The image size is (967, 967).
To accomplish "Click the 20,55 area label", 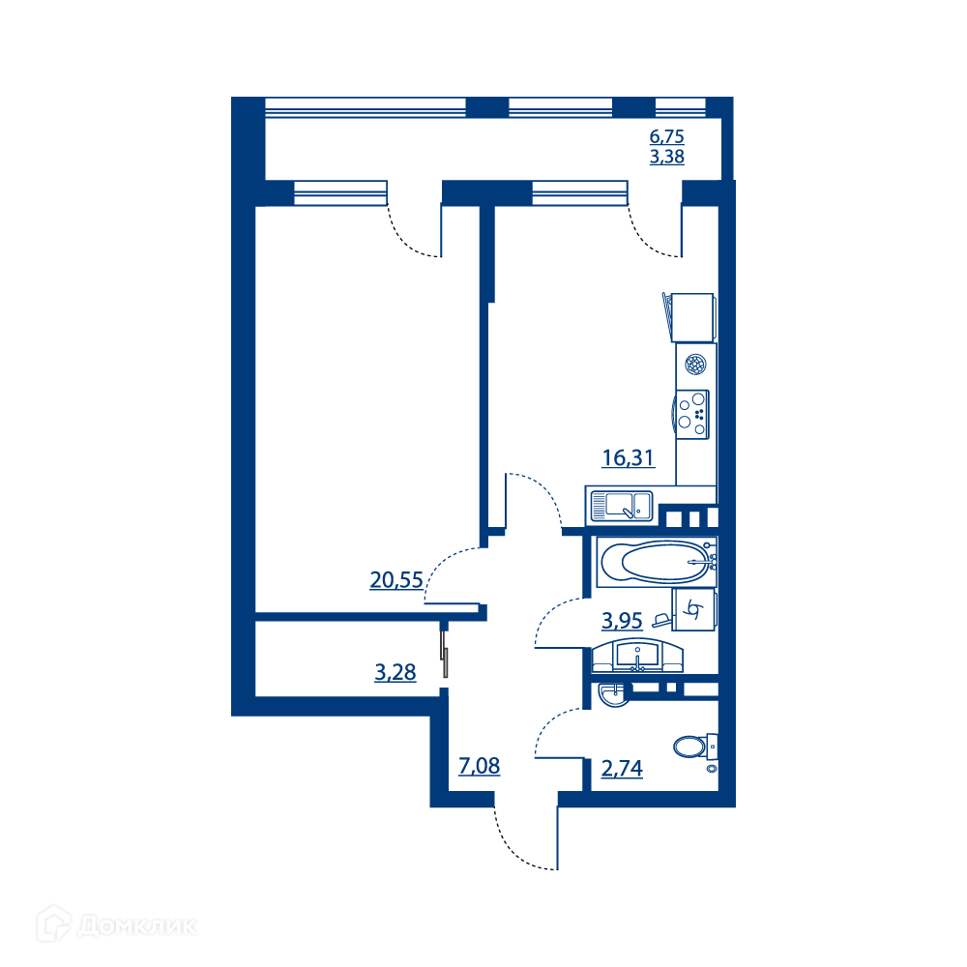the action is coord(396,579).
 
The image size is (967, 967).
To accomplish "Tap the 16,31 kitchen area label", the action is coord(628,457).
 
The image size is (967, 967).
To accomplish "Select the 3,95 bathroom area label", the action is coord(622,621).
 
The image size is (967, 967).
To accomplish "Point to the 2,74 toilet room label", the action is coord(622,769).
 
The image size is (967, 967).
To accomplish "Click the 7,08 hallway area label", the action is coord(480,766).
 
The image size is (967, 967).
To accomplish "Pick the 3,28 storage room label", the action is coord(396,672).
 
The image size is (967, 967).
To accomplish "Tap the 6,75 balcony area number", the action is coord(666,136).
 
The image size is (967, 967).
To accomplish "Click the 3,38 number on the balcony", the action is coord(666,157).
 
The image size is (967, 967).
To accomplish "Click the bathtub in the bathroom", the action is coord(657,561).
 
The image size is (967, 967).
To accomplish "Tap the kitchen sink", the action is coord(622,506).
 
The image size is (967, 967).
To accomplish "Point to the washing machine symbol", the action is coord(694,610).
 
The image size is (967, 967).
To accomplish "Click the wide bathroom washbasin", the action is coord(637,656).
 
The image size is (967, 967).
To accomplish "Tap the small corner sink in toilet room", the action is coord(613,694).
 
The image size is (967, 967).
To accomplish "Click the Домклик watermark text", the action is coord(137,926).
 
